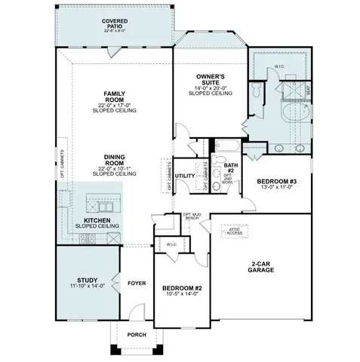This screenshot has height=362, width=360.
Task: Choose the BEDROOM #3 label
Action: point(277,181)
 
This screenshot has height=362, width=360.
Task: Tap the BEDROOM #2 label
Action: point(182,288)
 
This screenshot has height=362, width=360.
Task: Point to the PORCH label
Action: point(137,334)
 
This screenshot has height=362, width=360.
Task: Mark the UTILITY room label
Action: point(185,175)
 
